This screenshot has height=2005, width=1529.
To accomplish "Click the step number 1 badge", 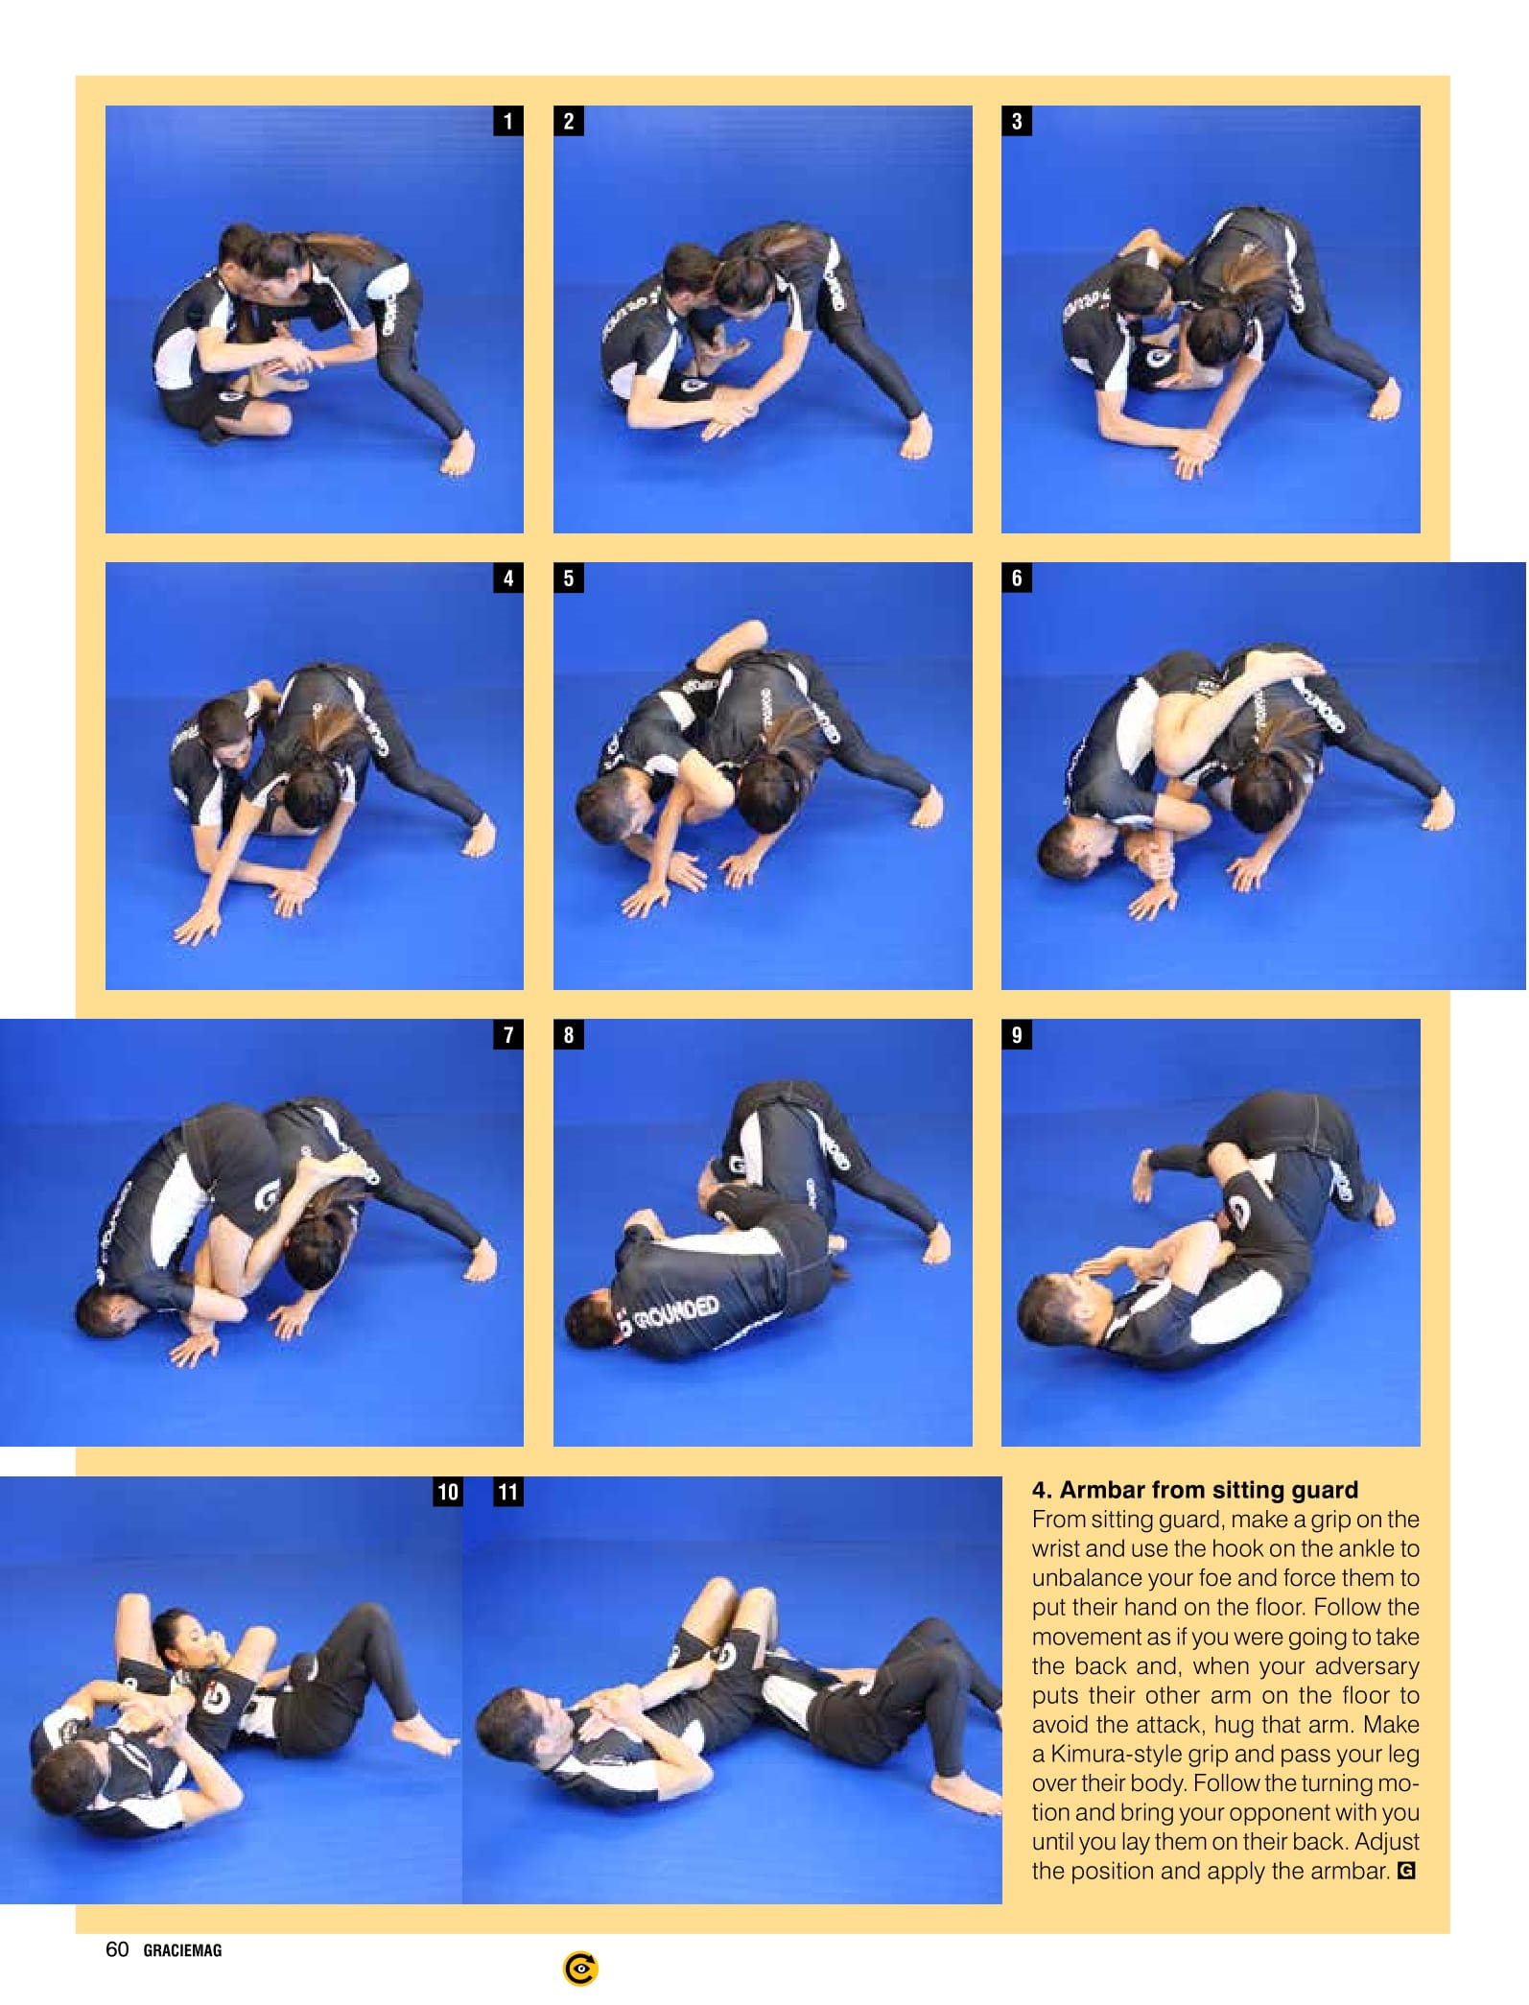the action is click(507, 121).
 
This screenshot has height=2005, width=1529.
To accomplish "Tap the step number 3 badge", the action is click(1017, 121).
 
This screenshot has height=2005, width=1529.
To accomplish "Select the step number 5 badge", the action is click(569, 578).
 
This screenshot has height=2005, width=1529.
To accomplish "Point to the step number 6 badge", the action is click(1017, 578).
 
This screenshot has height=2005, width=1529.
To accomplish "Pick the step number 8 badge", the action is click(569, 1034).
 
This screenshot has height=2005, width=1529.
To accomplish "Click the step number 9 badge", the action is click(1017, 1034).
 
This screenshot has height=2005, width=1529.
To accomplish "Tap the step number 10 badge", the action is click(447, 1492).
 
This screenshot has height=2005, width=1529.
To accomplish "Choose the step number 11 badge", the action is click(507, 1492).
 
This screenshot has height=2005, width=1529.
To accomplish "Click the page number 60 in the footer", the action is click(117, 1949).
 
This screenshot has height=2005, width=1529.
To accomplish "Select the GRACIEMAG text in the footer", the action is click(182, 1950).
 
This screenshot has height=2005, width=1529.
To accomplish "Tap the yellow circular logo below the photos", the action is click(580, 1970).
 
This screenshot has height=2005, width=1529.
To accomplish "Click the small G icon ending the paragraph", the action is click(1406, 1871).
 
